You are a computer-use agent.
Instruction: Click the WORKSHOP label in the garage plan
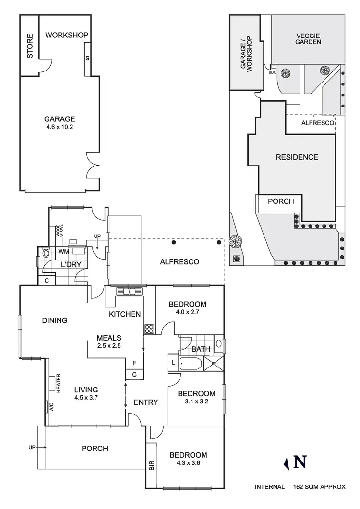tap(67, 35)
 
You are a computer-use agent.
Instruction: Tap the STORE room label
tap(30, 46)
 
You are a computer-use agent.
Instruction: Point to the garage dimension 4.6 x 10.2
tap(60, 127)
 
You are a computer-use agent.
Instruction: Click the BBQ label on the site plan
tap(273, 72)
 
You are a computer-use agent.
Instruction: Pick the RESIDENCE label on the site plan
tap(296, 157)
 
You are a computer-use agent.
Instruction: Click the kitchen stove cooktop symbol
tap(148, 329)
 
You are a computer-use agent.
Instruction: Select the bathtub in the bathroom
tap(190, 364)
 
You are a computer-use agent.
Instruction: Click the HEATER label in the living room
tap(58, 384)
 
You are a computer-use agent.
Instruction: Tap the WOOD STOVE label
tap(59, 230)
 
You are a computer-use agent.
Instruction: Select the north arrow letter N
tap(300, 462)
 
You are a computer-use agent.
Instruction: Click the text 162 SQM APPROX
tap(319, 487)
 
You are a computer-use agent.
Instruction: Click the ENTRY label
tap(145, 402)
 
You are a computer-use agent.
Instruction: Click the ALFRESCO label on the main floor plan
tap(179, 261)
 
